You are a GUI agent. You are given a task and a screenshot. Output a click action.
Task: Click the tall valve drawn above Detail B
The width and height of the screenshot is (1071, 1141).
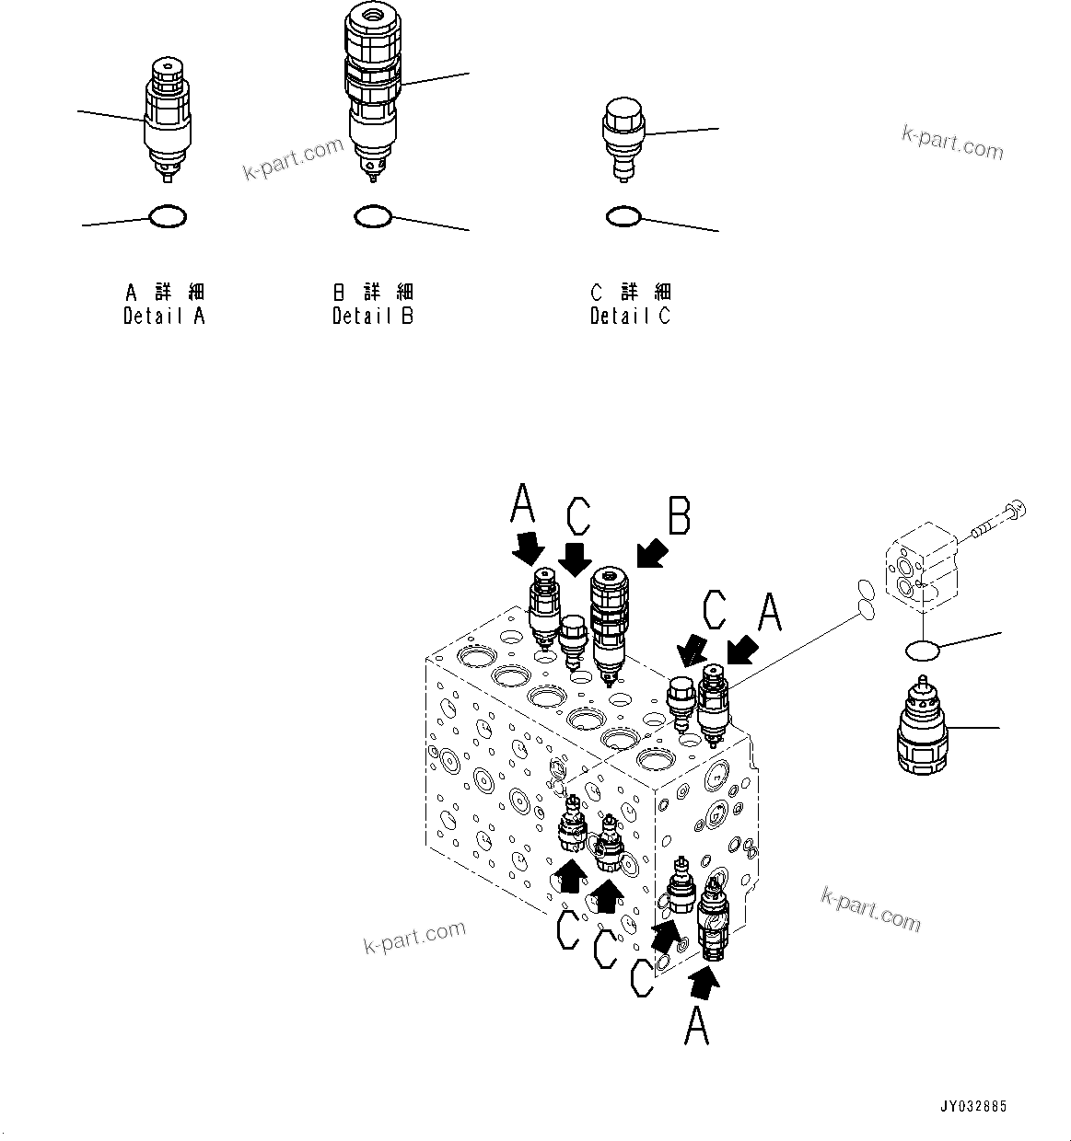coord(374,87)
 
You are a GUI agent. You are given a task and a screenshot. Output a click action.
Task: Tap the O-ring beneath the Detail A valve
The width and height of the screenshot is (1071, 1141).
coord(168,217)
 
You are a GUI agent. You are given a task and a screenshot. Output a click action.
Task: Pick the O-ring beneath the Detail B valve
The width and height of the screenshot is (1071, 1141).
coord(373,217)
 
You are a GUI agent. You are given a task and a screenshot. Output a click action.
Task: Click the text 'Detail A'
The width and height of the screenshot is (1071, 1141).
coord(165,316)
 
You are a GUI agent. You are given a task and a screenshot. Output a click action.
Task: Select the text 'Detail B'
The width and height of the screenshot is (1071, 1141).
coord(373,316)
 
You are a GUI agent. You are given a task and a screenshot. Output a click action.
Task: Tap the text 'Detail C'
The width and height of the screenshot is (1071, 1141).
coord(631,316)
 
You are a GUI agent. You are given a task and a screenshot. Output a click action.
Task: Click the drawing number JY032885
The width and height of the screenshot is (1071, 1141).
coord(973,1105)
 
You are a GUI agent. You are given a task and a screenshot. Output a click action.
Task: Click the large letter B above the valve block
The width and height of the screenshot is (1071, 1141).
coord(679,516)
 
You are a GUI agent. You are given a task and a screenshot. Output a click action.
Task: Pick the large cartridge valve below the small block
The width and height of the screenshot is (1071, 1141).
coord(923,726)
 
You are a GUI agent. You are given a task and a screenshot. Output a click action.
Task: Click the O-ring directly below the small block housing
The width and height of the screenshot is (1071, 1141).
coord(922,651)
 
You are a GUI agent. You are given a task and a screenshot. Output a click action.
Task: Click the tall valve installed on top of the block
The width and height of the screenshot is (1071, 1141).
coord(608,621)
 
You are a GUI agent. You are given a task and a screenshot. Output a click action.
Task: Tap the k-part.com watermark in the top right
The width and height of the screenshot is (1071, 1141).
coord(952,143)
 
